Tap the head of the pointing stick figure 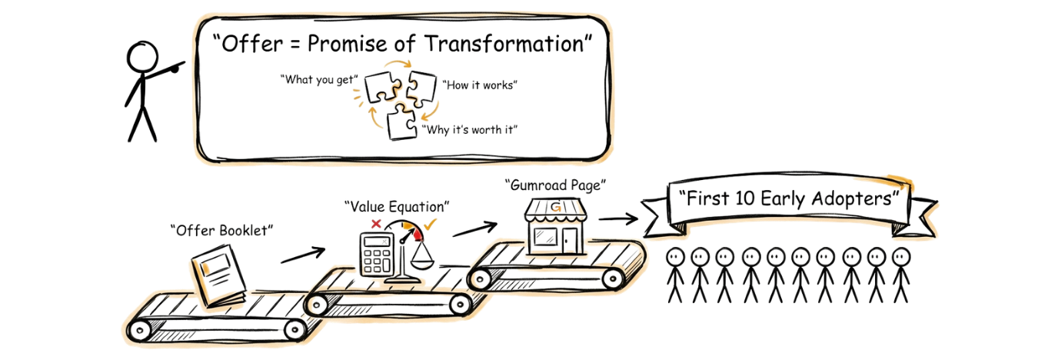pyautogui.click(x=143, y=59)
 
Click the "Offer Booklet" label pyautogui.click(x=221, y=230)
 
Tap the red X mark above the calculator pyautogui.click(x=377, y=224)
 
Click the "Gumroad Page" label pyautogui.click(x=555, y=185)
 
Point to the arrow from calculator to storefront pyautogui.click(x=474, y=228)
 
